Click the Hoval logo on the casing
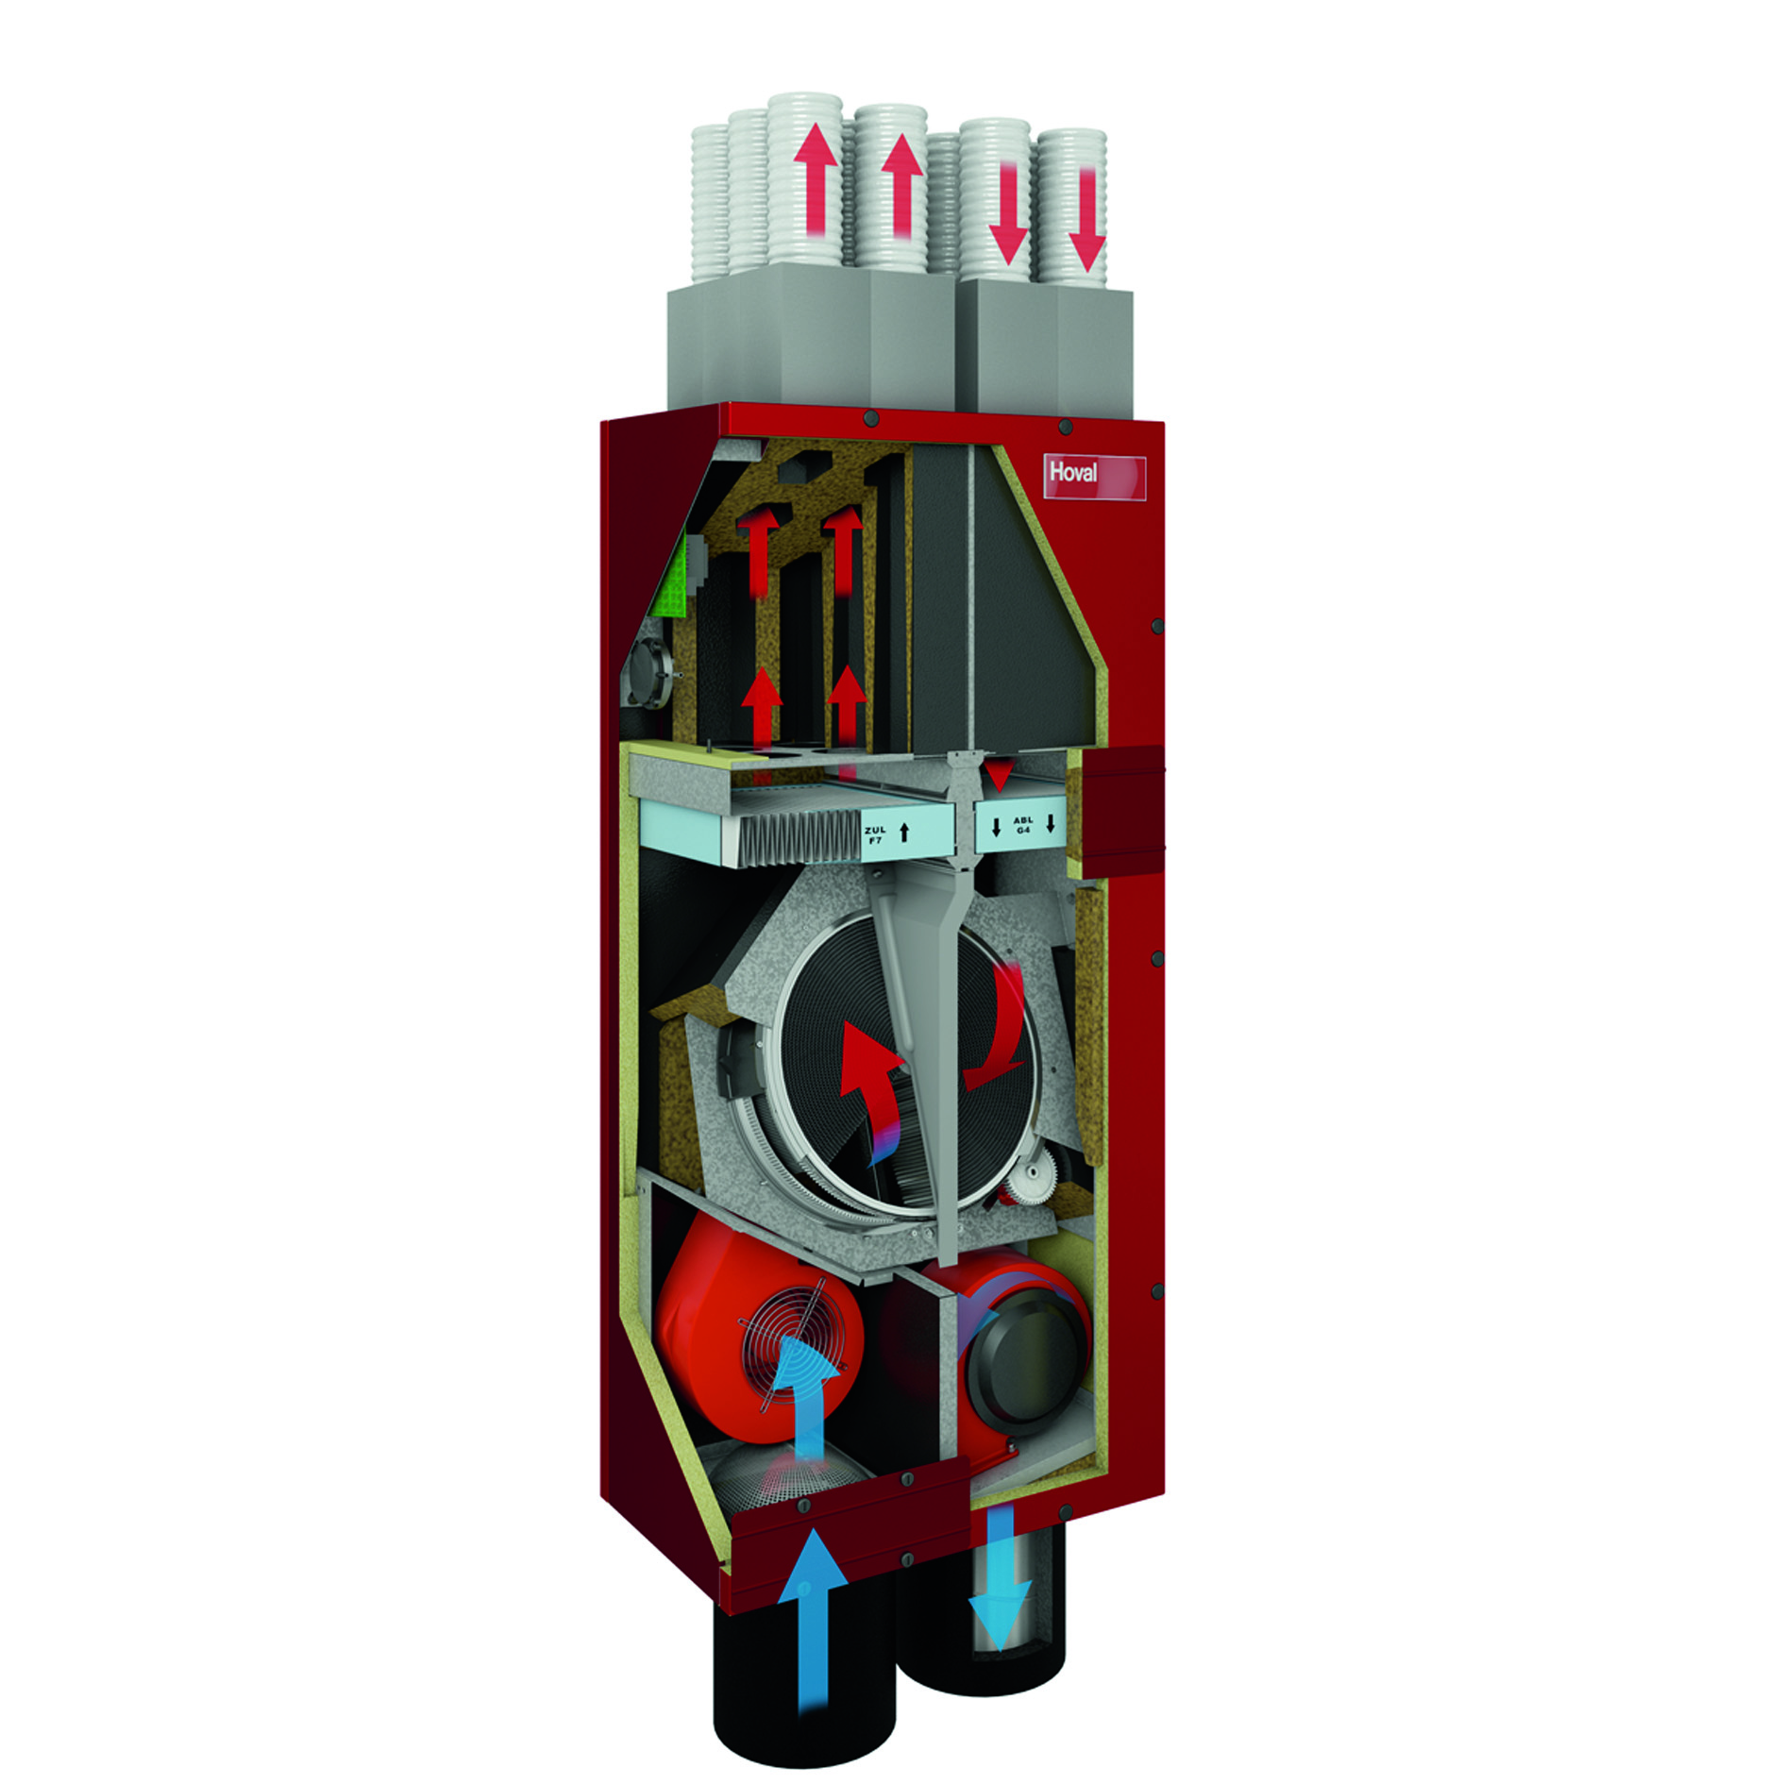click(x=1073, y=472)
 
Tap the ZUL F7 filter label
click(x=875, y=834)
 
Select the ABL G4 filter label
click(x=1023, y=825)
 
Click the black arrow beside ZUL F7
click(x=904, y=833)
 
